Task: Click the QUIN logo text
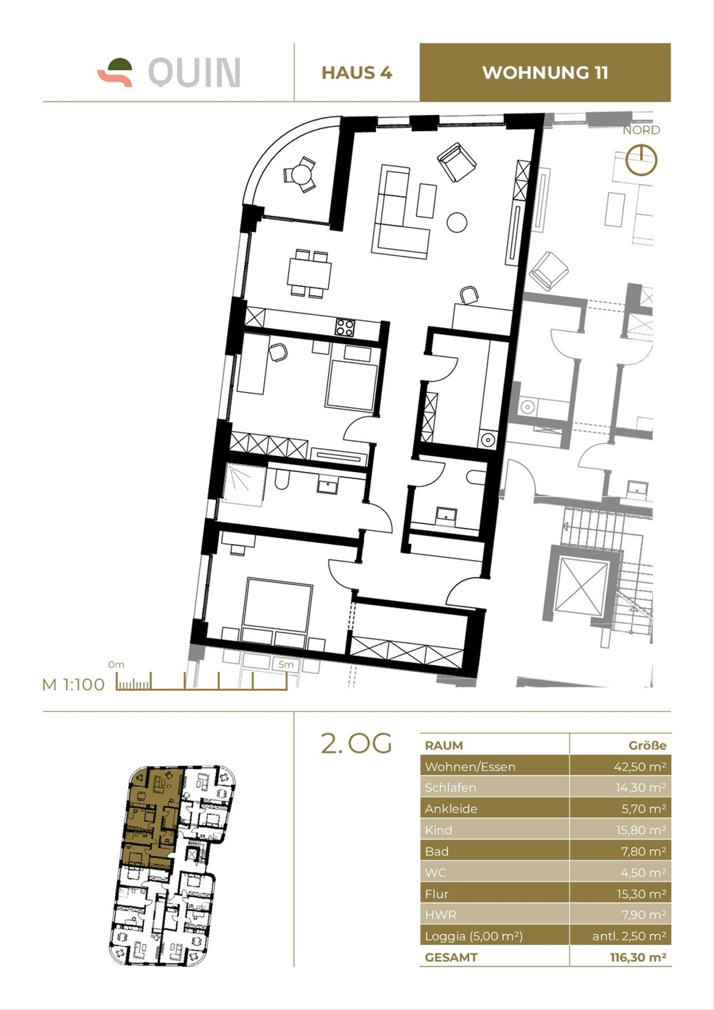(194, 73)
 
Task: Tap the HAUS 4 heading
(356, 73)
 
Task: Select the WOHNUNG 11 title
(545, 73)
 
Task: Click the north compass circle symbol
(641, 161)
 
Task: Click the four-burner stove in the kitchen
(345, 327)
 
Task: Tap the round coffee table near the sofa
(457, 222)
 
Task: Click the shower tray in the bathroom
(245, 485)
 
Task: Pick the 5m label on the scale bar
(286, 665)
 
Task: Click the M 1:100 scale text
(73, 684)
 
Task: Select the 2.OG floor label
(356, 743)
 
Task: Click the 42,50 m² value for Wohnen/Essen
(640, 767)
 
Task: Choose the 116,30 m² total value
(638, 958)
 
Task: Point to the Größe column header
(647, 745)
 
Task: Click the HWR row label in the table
(441, 915)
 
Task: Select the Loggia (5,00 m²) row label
(474, 936)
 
